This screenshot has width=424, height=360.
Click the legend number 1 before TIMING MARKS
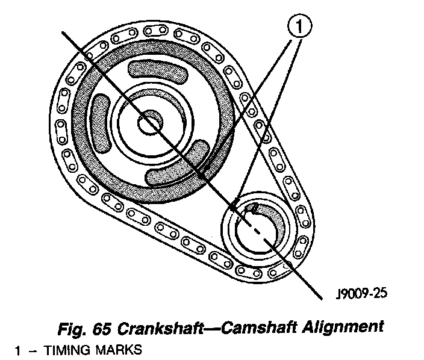pos(19,349)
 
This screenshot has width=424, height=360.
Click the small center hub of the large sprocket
pos(148,123)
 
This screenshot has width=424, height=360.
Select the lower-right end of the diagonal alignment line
pos(320,297)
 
